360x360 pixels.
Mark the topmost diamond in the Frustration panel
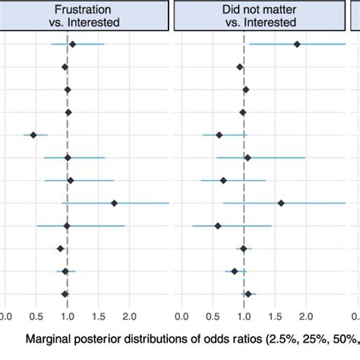point(72,45)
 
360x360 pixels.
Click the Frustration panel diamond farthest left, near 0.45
point(33,135)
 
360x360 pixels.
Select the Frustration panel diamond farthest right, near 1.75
point(114,203)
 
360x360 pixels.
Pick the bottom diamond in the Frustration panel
point(65,294)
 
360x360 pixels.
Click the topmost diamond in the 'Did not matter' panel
point(297,45)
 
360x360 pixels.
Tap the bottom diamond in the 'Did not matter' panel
point(248,294)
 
